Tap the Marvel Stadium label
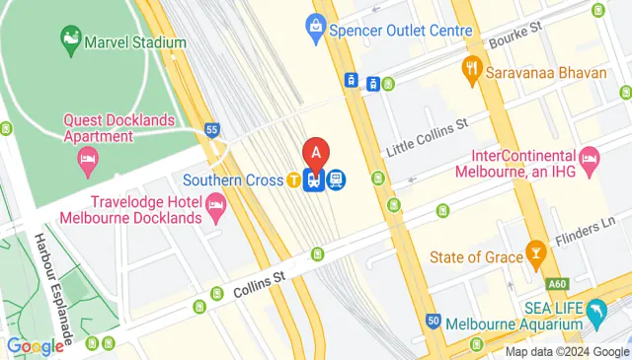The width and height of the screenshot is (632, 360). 135,42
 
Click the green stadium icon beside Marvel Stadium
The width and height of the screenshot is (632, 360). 71,39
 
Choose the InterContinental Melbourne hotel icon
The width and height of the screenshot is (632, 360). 590,156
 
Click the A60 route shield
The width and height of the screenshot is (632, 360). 586,282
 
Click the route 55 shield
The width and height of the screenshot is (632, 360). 211,129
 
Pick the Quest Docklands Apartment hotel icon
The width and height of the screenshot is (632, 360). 88,158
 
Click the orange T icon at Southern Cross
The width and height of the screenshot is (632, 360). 294,180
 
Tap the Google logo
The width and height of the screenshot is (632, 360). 35,346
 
